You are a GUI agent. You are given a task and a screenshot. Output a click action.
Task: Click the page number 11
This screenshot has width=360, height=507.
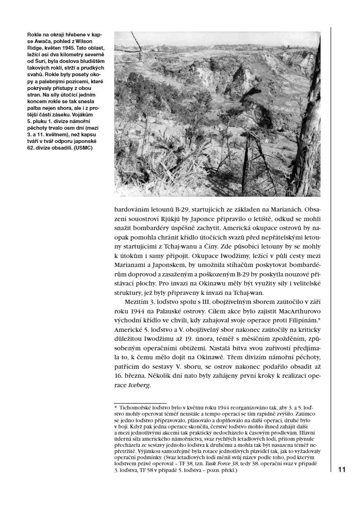pyautogui.click(x=342, y=470)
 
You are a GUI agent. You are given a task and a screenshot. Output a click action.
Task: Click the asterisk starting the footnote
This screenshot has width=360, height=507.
pyautogui.click(x=115, y=407)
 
